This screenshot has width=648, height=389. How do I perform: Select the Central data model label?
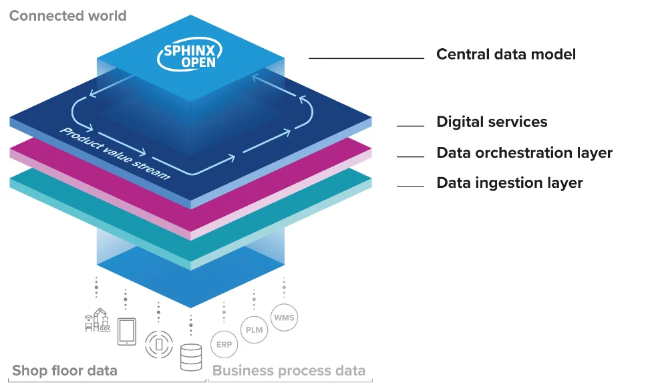click(506, 54)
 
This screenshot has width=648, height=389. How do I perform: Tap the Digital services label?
click(492, 122)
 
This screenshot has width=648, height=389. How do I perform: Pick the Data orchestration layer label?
click(524, 152)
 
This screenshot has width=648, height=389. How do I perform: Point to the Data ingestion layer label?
click(509, 182)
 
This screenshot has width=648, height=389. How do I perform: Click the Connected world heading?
click(67, 15)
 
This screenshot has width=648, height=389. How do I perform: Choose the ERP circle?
click(223, 345)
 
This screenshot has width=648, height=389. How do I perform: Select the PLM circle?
click(254, 330)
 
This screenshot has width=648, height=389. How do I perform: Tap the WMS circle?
click(283, 317)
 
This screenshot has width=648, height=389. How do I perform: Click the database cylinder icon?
click(191, 357)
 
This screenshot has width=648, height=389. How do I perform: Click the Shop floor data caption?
click(64, 370)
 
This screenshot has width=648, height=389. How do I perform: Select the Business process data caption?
click(289, 370)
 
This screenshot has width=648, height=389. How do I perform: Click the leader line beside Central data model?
click(366, 58)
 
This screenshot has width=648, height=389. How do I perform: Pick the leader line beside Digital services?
click(410, 126)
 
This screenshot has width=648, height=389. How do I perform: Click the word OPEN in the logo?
click(198, 63)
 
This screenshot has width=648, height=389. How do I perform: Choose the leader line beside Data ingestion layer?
click(410, 186)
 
